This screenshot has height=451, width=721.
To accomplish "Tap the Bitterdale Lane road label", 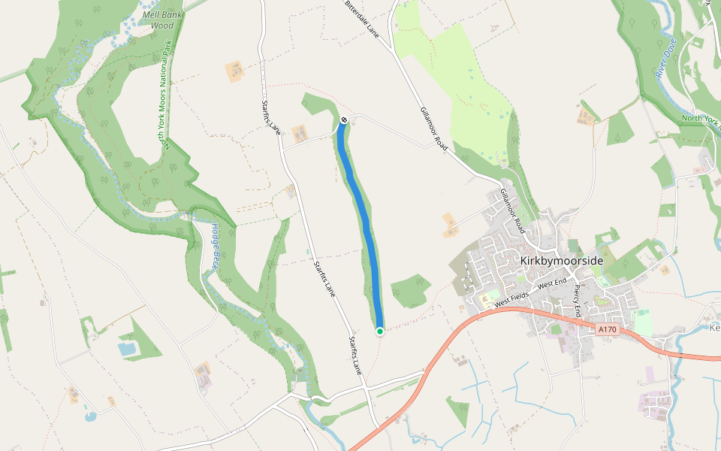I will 362,20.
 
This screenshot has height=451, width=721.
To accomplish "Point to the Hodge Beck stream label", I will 216,247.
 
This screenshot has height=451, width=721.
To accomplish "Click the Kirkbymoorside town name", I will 561,260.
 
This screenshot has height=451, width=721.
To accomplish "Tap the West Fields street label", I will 513,297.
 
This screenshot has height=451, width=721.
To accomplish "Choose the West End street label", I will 552,284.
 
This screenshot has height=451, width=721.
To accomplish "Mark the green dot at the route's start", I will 380,331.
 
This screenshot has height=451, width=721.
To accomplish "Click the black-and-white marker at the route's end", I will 343,120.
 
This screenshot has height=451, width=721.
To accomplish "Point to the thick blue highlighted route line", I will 365,218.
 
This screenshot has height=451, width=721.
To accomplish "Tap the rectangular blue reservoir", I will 127,349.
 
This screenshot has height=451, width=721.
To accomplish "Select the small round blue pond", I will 90,415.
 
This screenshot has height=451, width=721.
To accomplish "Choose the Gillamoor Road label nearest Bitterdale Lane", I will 435,129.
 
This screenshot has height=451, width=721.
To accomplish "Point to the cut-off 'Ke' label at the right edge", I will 714,328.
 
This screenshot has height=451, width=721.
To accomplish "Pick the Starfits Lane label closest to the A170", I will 354,356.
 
